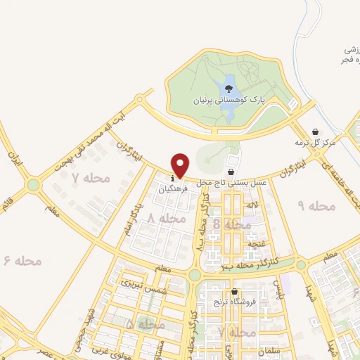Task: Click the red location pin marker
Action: [x=181, y=165]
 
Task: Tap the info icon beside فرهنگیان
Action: [x=174, y=179]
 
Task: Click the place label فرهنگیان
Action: [x=174, y=188]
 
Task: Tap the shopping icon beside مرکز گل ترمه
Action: [x=315, y=131]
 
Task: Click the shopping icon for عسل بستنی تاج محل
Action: [x=231, y=172]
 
